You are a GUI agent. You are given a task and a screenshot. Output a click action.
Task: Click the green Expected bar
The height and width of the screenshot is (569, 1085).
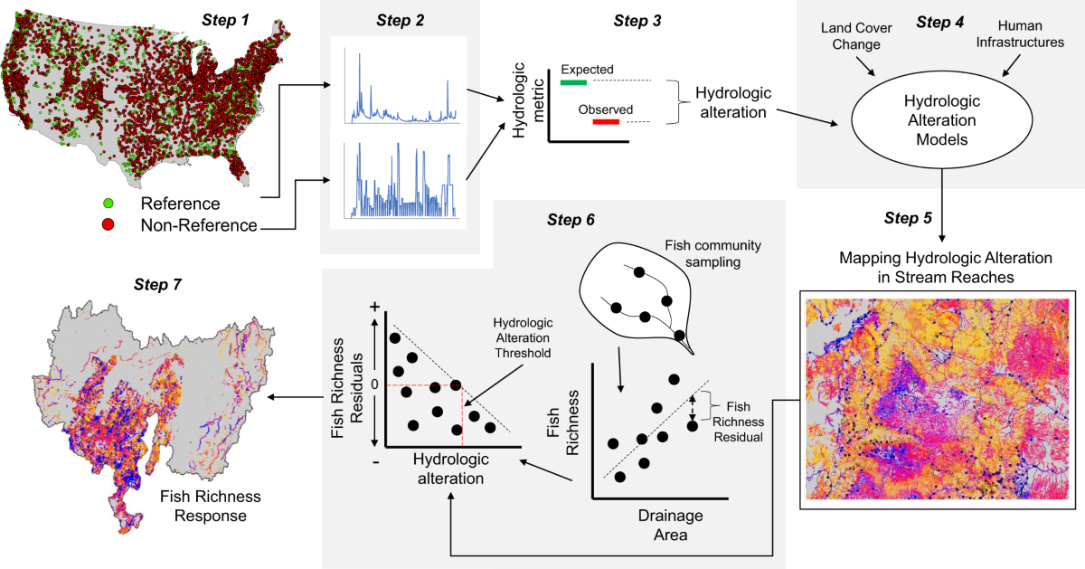pos(573,82)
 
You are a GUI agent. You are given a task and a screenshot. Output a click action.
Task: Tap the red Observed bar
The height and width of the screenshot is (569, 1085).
pos(606,121)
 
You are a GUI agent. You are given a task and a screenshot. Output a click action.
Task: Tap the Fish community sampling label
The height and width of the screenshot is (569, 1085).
pos(703,252)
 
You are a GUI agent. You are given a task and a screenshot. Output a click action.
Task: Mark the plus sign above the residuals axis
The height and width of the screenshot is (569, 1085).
pos(373,308)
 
